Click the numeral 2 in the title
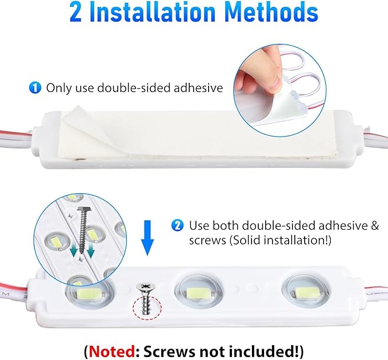76,13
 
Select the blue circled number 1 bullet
35,88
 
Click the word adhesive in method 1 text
193,88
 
